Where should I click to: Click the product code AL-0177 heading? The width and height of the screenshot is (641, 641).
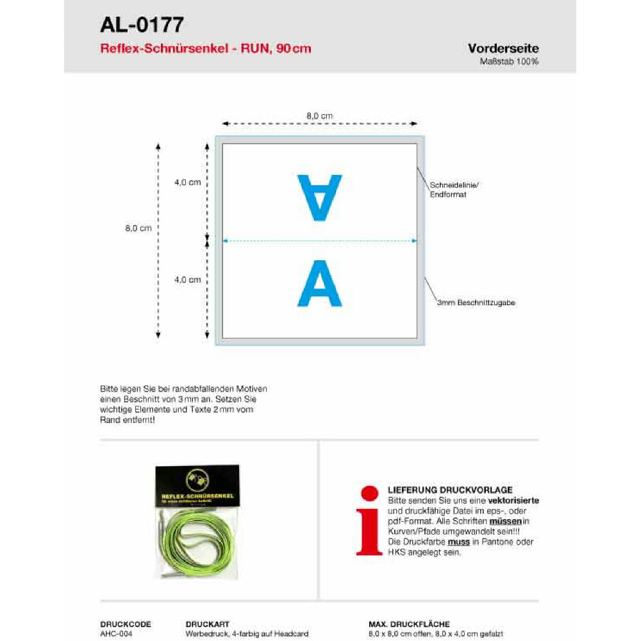142,25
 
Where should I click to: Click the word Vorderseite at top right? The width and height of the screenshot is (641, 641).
503,49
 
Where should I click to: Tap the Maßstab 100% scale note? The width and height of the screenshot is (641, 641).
509,62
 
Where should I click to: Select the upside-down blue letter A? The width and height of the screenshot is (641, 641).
320,197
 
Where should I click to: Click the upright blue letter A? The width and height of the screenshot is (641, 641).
320,283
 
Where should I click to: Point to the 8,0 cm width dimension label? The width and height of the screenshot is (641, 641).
320,116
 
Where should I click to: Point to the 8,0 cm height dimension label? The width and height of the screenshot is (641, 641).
138,229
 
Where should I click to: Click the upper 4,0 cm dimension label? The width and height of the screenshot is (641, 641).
187,182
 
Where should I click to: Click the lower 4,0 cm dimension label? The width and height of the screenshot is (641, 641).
187,279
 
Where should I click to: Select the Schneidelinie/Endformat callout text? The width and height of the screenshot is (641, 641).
454,189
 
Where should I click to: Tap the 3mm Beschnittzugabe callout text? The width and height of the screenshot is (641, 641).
476,303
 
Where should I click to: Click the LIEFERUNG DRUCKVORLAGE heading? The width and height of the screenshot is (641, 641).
450,490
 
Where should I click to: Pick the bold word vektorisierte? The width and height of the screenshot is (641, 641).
513,500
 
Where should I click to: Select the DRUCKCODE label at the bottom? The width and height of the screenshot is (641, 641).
126,624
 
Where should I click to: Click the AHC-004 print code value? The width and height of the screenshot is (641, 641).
117,633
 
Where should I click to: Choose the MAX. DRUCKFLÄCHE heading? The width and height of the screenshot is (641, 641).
409,624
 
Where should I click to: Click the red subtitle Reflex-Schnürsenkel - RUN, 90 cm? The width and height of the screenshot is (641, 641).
206,49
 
